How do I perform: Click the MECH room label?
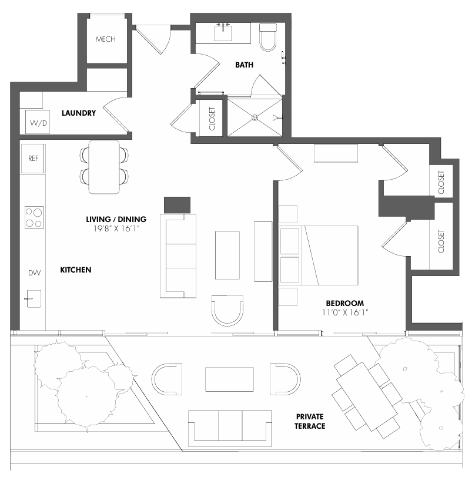point(106,39)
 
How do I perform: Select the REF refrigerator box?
point(33,158)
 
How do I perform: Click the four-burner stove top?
point(34,217)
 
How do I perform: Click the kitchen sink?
point(33,299)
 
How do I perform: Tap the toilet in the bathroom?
point(268,36)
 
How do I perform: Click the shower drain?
point(255,117)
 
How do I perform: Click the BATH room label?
point(244,65)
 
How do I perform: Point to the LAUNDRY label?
point(79,113)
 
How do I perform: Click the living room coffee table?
point(227,255)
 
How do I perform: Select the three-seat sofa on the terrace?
point(230,426)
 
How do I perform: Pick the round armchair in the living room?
point(227,310)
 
